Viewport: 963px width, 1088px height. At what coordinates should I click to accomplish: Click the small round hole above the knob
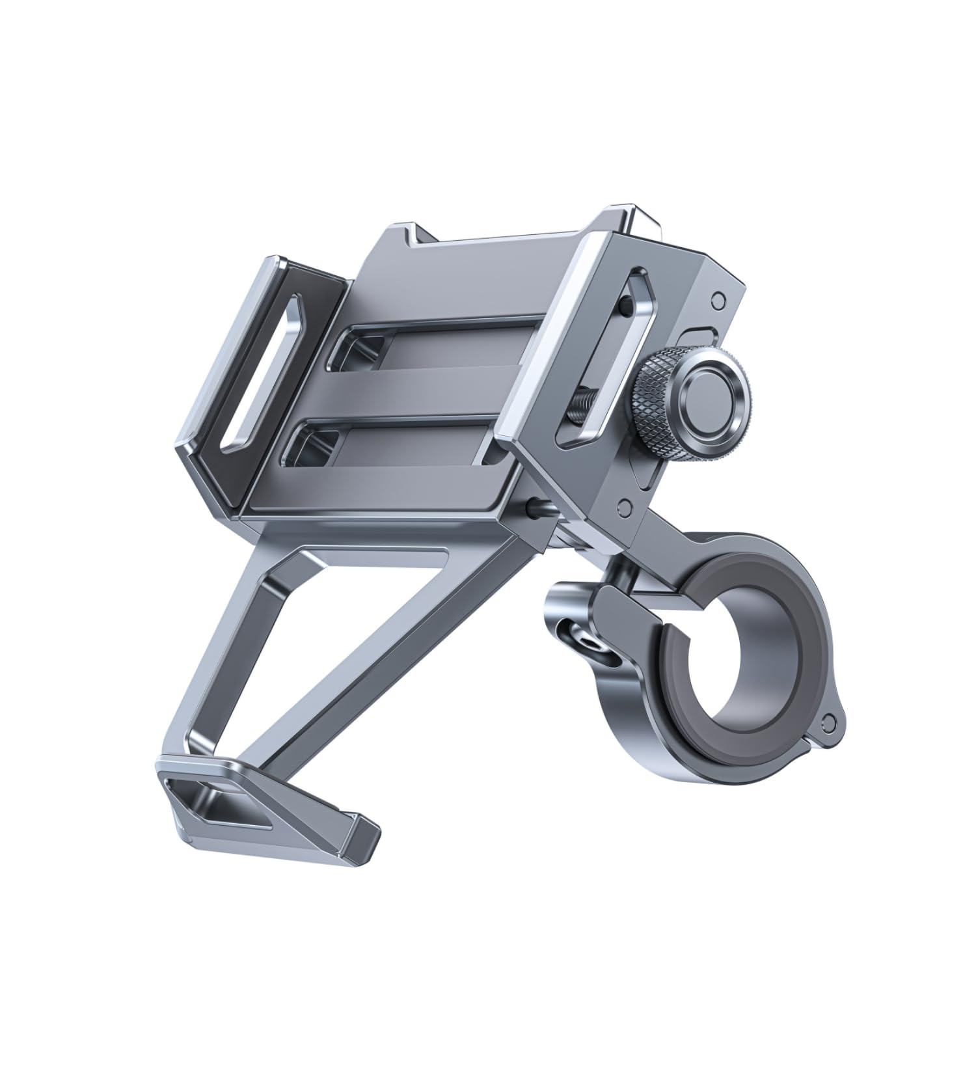point(718,299)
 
